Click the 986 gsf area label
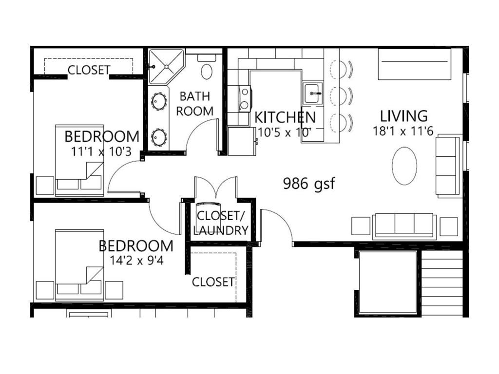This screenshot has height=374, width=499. pyautogui.click(x=309, y=184)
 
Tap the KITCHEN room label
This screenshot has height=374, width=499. pyautogui.click(x=285, y=117)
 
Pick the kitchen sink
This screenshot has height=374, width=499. pyautogui.click(x=312, y=93)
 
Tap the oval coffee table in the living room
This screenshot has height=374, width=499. pyautogui.click(x=404, y=166)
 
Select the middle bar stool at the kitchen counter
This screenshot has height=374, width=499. pyautogui.click(x=341, y=95)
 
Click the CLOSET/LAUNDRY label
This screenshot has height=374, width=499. pyautogui.click(x=221, y=223)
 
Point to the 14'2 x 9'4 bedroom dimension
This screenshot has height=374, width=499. pyautogui.click(x=136, y=261)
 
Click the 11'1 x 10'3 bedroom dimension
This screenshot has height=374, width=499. pyautogui.click(x=101, y=151)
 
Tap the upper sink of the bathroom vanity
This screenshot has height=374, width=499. pyautogui.click(x=159, y=101)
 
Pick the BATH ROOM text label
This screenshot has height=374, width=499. pyautogui.click(x=195, y=103)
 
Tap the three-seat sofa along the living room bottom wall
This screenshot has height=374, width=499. pyautogui.click(x=404, y=225)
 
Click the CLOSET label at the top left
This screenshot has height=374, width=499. pyautogui.click(x=89, y=70)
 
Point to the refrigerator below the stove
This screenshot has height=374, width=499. pyautogui.click(x=242, y=141)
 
